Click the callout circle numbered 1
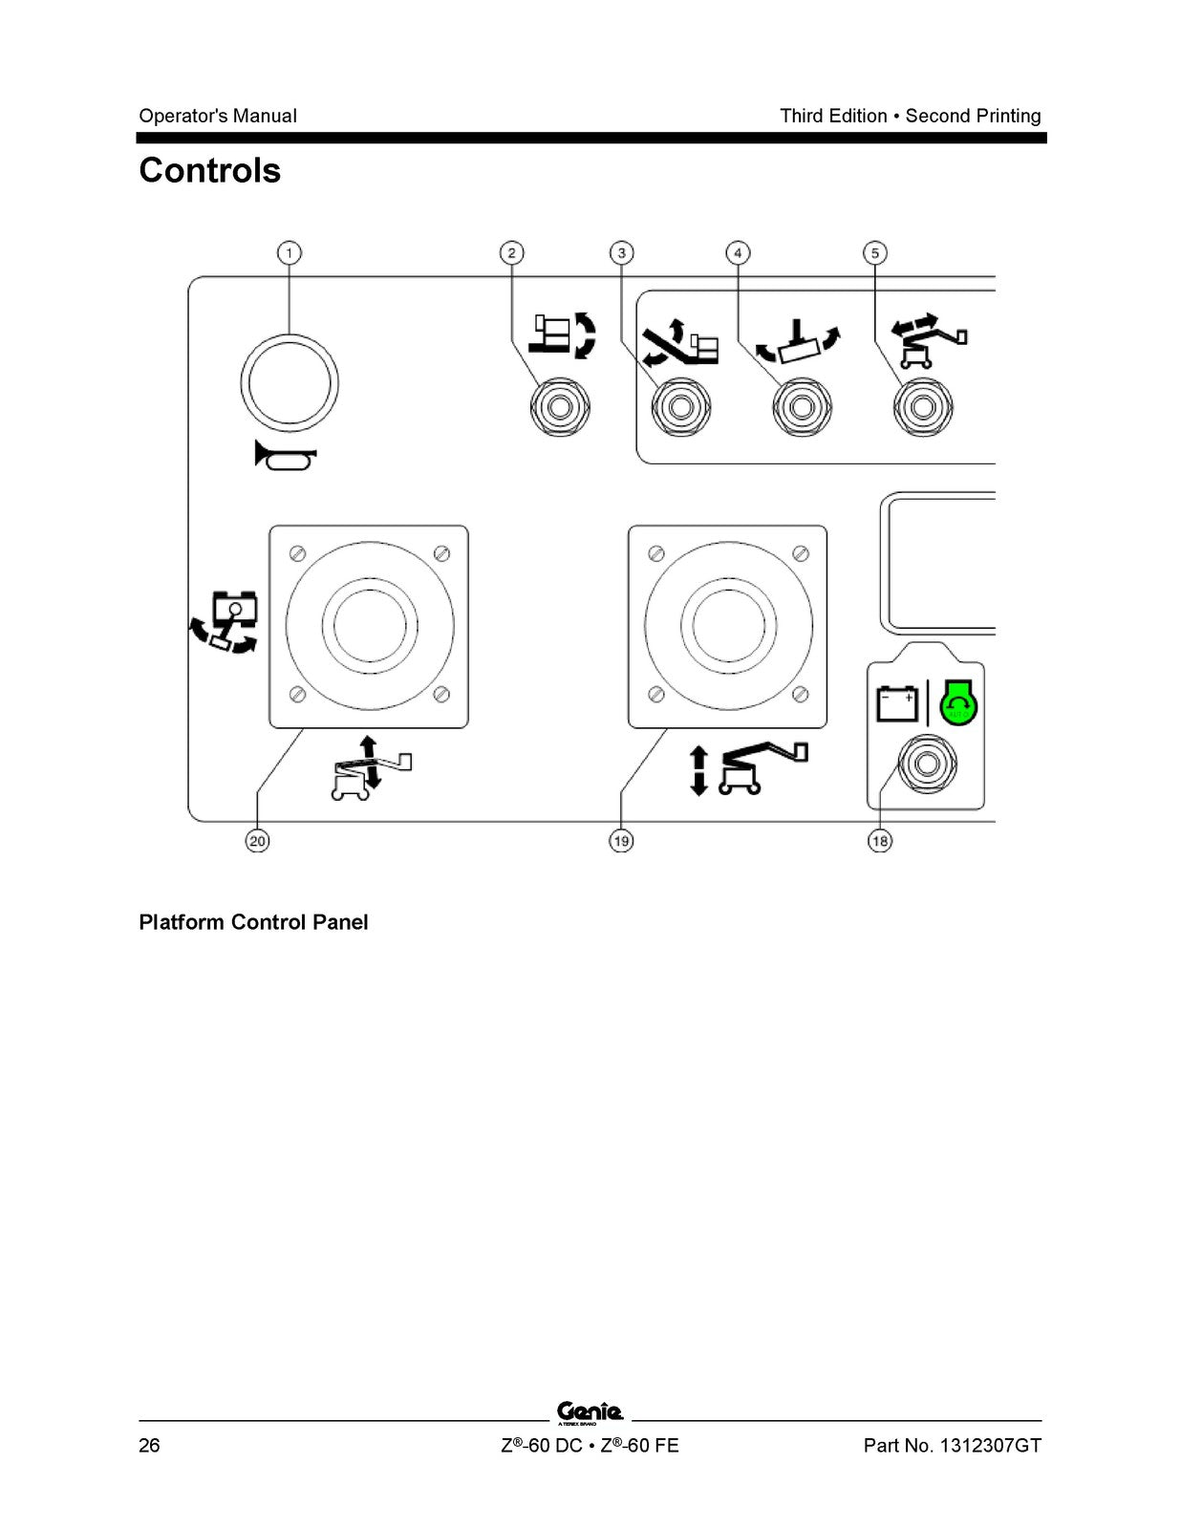(290, 252)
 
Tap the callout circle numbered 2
(511, 252)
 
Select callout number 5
(875, 252)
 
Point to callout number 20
(257, 841)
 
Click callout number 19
(621, 841)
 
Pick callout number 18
(880, 841)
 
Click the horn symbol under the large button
(286, 456)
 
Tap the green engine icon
(958, 702)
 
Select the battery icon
(897, 703)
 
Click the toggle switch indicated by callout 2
(560, 407)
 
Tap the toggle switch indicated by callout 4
(802, 407)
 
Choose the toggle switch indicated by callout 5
(923, 407)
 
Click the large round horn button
(290, 383)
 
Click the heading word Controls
(209, 170)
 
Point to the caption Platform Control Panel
(253, 922)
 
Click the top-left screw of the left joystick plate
(297, 553)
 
